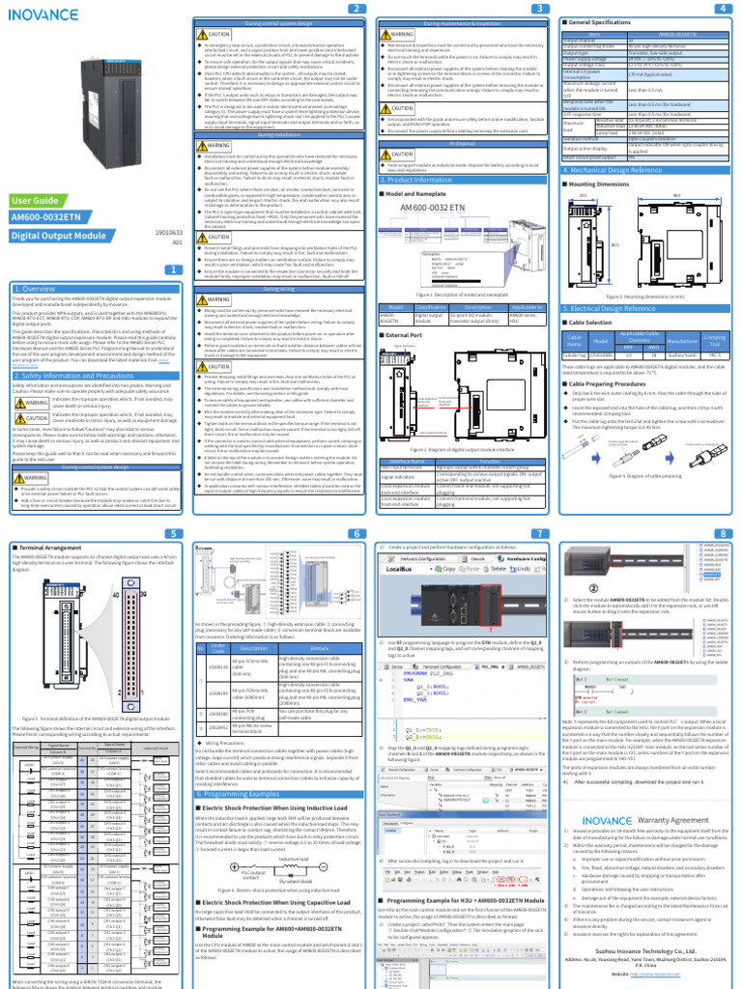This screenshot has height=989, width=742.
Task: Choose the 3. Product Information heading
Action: pyautogui.click(x=416, y=180)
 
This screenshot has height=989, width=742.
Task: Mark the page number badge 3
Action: pyautogui.click(x=541, y=9)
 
